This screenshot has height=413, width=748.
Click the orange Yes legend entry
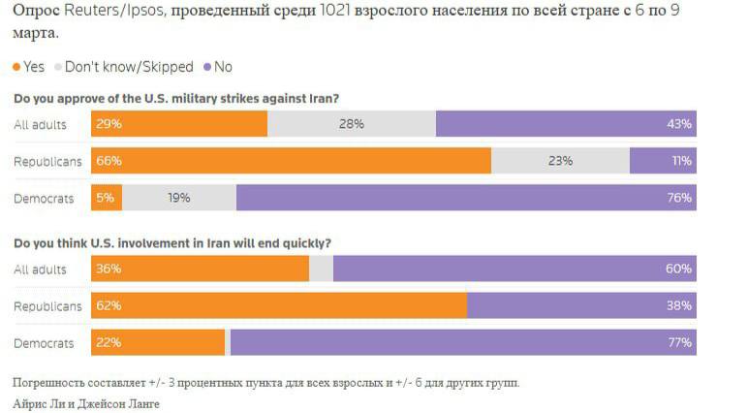tap(28, 67)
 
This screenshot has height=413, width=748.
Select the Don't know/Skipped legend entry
tap(124, 67)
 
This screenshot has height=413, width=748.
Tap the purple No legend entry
tap(217, 67)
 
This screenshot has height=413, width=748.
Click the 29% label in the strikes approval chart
tap(109, 124)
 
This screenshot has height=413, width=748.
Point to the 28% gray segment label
tap(351, 124)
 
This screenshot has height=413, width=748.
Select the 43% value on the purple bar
tap(679, 124)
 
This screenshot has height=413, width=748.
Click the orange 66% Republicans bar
tap(291, 161)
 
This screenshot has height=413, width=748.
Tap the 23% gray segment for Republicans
tap(560, 161)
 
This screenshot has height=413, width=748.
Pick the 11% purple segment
tap(681, 161)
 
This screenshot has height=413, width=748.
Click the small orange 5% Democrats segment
tap(107, 198)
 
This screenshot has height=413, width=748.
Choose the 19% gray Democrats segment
tap(178, 198)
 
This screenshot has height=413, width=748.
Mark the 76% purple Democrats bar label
tap(679, 198)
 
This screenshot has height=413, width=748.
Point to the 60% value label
tap(679, 269)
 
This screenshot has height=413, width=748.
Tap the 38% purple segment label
tap(679, 305)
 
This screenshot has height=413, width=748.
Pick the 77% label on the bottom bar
tap(679, 342)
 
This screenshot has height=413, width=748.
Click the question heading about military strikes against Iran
tap(175, 98)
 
